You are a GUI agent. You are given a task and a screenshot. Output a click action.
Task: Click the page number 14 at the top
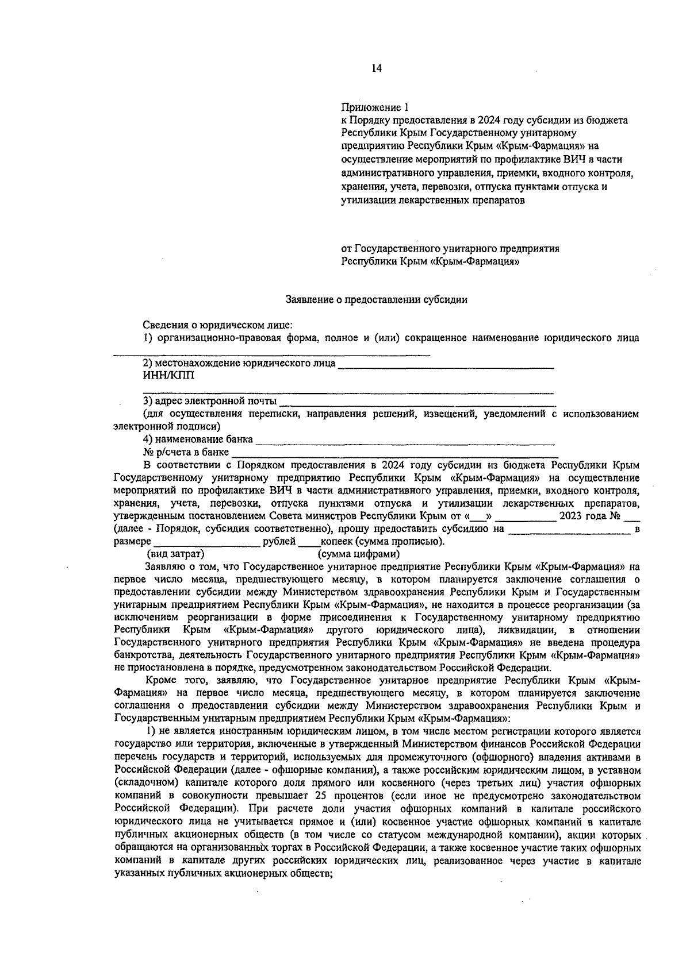pos(376,68)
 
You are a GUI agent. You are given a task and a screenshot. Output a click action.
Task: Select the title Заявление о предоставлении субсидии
pos(377,299)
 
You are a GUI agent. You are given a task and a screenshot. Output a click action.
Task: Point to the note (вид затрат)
pos(176,554)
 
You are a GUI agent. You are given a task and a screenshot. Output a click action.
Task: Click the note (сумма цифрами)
pos(358,554)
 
